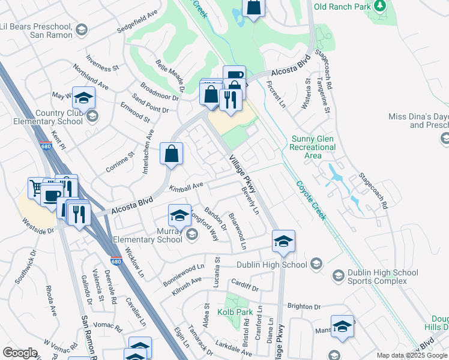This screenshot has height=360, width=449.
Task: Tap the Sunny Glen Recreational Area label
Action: pos(313,147)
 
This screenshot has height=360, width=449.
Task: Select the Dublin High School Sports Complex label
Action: pos(376,277)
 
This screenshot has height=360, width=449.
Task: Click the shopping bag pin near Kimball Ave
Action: pos(172,154)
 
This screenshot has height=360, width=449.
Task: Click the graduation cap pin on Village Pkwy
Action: pos(283,241)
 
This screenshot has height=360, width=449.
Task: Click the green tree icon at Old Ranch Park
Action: pos(379,6)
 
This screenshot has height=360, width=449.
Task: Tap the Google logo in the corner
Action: pos(19,353)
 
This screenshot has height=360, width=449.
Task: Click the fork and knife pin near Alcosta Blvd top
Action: pos(230,99)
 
